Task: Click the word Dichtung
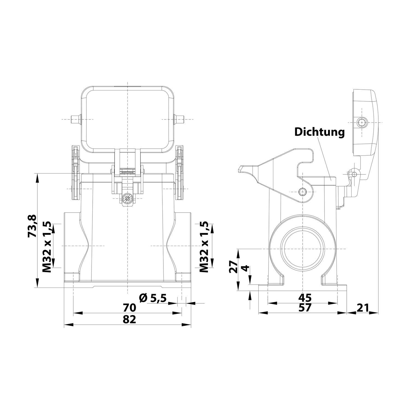click(319, 132)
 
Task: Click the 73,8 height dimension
click(32, 226)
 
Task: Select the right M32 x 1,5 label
click(204, 247)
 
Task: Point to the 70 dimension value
click(129, 308)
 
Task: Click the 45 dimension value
click(304, 297)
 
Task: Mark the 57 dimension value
click(304, 308)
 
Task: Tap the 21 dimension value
click(362, 308)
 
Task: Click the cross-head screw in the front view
click(127, 198)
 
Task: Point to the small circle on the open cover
click(362, 122)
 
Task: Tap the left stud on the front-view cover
click(75, 119)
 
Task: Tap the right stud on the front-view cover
click(180, 119)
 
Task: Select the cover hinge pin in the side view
click(354, 174)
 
